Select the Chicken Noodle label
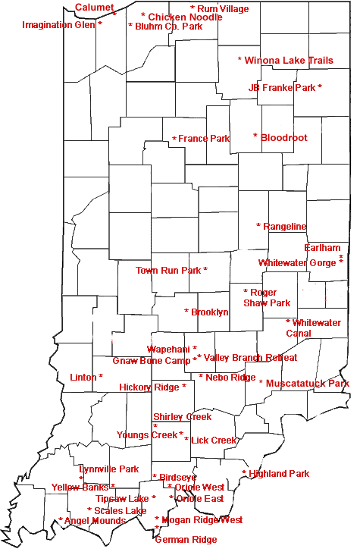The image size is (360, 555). click(185, 17)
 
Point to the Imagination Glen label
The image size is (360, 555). click(58, 25)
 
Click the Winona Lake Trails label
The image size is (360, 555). click(289, 60)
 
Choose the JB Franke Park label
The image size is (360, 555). click(282, 88)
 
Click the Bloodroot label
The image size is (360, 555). click(284, 137)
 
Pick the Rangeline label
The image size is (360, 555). click(285, 226)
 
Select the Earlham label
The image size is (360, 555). click(322, 248)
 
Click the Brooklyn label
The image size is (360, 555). click(210, 312)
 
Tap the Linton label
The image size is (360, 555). click(83, 377)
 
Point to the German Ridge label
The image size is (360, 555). click(186, 540)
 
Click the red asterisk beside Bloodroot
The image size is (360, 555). click(255, 136)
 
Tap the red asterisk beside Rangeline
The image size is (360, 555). click(258, 226)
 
